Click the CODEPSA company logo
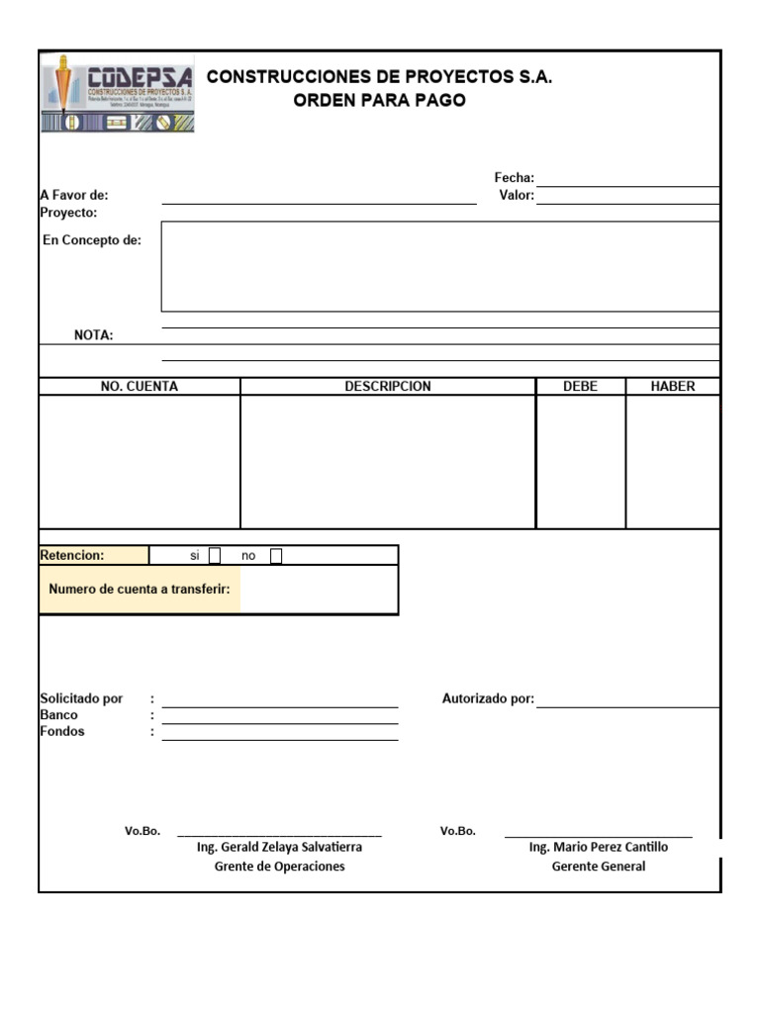[118, 94]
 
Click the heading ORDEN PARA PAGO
[379, 101]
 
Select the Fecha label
[514, 178]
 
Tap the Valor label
[517, 196]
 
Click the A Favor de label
[74, 196]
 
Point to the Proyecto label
[68, 213]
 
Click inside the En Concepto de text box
[439, 266]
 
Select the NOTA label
[94, 335]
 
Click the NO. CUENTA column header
[140, 387]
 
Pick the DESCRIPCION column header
[388, 387]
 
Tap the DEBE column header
[580, 387]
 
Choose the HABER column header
[673, 387]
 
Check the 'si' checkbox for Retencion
[215, 556]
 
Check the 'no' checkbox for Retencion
[276, 556]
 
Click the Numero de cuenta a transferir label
[140, 590]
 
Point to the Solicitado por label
[81, 698]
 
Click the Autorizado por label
[488, 699]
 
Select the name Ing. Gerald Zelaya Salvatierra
[279, 848]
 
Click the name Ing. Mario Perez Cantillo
[598, 848]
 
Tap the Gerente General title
[598, 867]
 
